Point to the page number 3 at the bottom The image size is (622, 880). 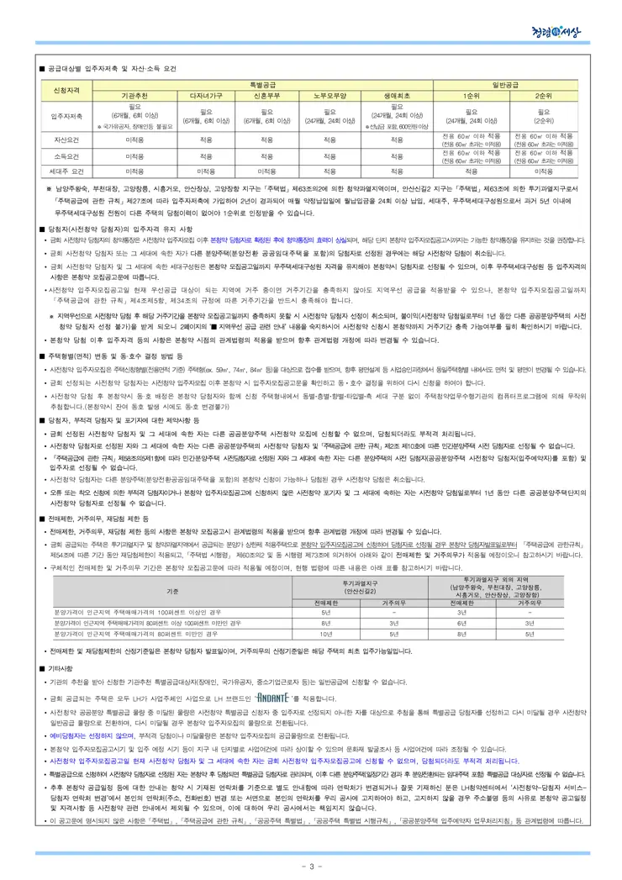tap(310, 867)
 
